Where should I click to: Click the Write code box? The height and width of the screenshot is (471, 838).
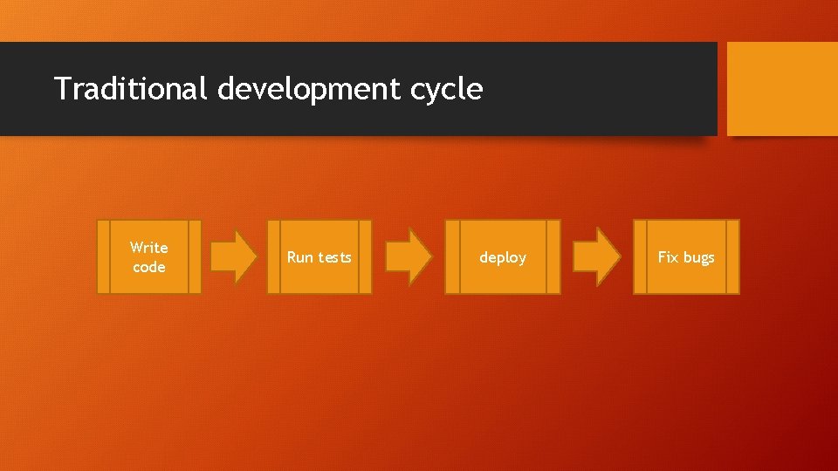pyautogui.click(x=149, y=256)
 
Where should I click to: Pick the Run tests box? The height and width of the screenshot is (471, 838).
pyautogui.click(x=319, y=256)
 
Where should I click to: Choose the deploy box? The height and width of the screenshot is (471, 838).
pyautogui.click(x=503, y=256)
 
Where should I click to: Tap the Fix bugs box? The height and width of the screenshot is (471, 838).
pyautogui.click(x=686, y=256)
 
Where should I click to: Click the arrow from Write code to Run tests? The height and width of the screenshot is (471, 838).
pyautogui.click(x=234, y=256)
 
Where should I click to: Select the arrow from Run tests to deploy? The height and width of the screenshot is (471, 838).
pyautogui.click(x=409, y=256)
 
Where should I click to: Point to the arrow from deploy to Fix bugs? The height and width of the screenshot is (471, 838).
pyautogui.click(x=596, y=256)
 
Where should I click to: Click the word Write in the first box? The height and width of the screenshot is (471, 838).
pyautogui.click(x=149, y=248)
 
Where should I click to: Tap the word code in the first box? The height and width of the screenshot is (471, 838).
pyautogui.click(x=149, y=267)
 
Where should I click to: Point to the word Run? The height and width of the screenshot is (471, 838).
pyautogui.click(x=300, y=257)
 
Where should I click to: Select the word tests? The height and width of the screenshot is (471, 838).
pyautogui.click(x=335, y=257)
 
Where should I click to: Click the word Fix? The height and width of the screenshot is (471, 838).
pyautogui.click(x=668, y=257)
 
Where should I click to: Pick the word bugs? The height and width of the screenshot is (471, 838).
pyautogui.click(x=698, y=257)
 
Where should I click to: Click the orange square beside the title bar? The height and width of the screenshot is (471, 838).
pyautogui.click(x=782, y=88)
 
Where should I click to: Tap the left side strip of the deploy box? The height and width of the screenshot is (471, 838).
pyautogui.click(x=452, y=256)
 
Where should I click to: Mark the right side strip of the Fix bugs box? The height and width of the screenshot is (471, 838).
pyautogui.click(x=732, y=256)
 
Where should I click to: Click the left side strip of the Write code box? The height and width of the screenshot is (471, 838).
pyautogui.click(x=103, y=256)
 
